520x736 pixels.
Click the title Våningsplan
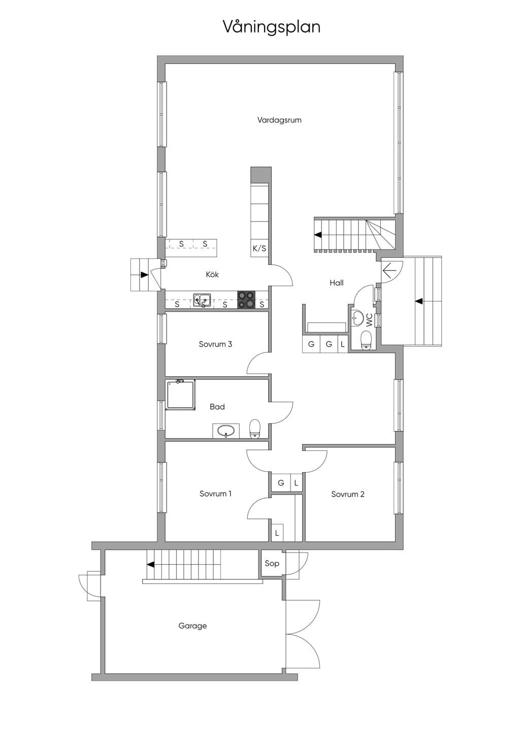pyautogui.click(x=272, y=27)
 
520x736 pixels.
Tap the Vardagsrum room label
pyautogui.click(x=279, y=120)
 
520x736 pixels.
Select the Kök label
pyautogui.click(x=212, y=274)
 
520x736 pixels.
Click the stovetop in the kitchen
pyautogui.click(x=246, y=300)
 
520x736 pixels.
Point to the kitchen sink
pyautogui.click(x=202, y=300)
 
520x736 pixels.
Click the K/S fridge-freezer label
pyautogui.click(x=259, y=249)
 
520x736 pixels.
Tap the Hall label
pyautogui.click(x=337, y=283)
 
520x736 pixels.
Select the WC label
pyautogui.click(x=369, y=320)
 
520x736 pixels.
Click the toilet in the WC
pyautogui.click(x=366, y=340)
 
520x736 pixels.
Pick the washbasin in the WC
pyautogui.click(x=357, y=317)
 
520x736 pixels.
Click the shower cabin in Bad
pyautogui.click(x=181, y=395)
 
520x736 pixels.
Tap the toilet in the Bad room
pyautogui.click(x=255, y=429)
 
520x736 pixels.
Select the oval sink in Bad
pyautogui.click(x=226, y=431)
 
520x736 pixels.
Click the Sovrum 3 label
pyautogui.click(x=215, y=344)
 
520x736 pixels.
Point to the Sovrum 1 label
pyautogui.click(x=215, y=494)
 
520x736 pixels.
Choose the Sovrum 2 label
pyautogui.click(x=348, y=494)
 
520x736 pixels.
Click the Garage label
pyautogui.click(x=192, y=626)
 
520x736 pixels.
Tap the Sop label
pyautogui.click(x=272, y=564)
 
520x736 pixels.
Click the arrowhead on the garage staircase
pyautogui.click(x=151, y=565)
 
